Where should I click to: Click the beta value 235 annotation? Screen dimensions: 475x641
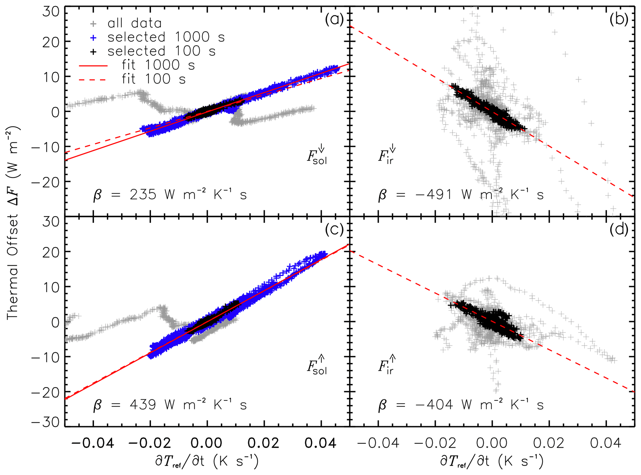[x=170, y=195]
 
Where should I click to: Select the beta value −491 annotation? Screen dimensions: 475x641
[x=461, y=195]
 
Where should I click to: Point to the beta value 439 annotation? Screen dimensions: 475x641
[x=170, y=405]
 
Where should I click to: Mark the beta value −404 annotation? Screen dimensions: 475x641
[x=461, y=405]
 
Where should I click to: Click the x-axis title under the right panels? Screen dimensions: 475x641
[x=492, y=461]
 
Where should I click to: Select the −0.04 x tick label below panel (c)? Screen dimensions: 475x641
[x=93, y=443]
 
